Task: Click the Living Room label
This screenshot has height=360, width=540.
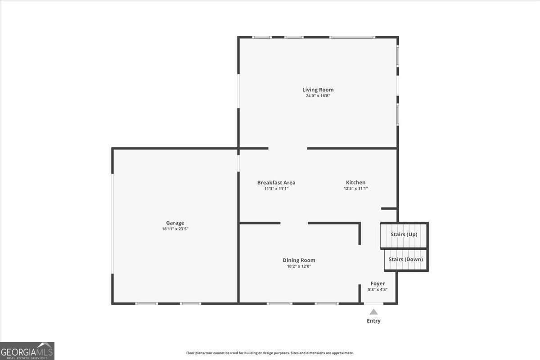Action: click(x=318, y=90)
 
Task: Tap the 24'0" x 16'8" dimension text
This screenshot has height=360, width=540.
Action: click(x=318, y=96)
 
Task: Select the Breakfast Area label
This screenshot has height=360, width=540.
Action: click(x=276, y=182)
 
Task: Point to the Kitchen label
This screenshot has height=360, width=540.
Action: click(x=355, y=182)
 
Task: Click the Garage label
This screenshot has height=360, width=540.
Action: click(x=175, y=223)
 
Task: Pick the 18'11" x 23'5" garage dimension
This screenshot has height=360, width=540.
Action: click(x=175, y=229)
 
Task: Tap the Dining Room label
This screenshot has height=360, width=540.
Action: click(x=299, y=260)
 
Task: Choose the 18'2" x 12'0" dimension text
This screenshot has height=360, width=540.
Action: click(x=299, y=266)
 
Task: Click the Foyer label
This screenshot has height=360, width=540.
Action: click(x=378, y=283)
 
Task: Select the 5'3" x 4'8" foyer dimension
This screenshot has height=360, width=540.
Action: click(x=378, y=290)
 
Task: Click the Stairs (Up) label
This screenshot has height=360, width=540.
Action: click(x=404, y=234)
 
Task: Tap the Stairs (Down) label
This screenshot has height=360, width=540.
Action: click(x=405, y=259)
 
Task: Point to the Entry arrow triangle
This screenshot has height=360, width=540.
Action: click(x=373, y=311)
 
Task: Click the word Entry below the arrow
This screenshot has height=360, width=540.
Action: click(x=373, y=321)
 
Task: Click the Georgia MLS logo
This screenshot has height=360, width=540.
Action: click(x=27, y=351)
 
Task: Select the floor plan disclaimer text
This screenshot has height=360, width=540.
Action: click(x=270, y=353)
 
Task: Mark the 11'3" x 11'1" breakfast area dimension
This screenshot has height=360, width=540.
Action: click(x=276, y=189)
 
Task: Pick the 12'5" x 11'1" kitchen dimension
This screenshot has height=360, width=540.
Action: click(x=355, y=189)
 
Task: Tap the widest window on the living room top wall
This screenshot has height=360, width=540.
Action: click(x=352, y=37)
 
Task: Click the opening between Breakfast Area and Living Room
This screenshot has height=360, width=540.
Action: click(x=288, y=148)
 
